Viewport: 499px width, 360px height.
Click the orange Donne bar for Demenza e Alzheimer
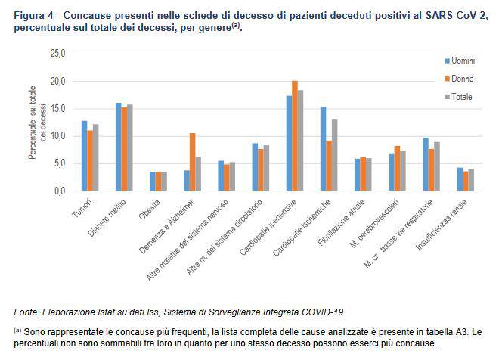[x=193, y=162]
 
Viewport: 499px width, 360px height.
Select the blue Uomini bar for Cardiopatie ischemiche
[x=323, y=149]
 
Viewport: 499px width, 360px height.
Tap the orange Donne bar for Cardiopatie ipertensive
[x=295, y=136]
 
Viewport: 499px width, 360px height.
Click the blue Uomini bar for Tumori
[x=85, y=156]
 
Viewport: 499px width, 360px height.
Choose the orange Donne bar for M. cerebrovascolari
[x=398, y=168]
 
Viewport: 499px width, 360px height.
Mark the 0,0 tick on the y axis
[x=60, y=191]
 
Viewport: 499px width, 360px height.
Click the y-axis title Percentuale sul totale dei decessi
[x=37, y=123]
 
